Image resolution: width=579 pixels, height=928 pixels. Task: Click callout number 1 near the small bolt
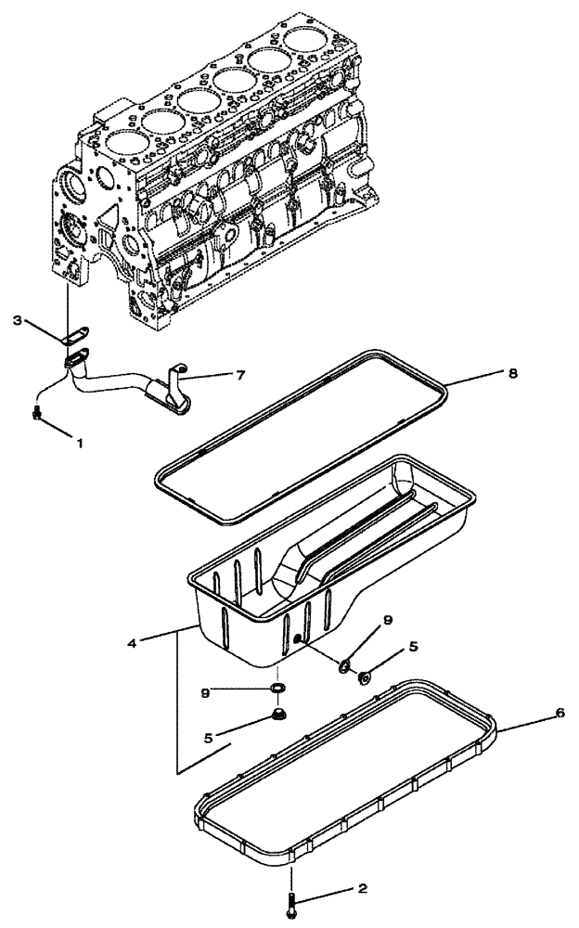pyautogui.click(x=79, y=444)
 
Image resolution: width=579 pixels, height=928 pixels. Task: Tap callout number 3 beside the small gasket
pyautogui.click(x=18, y=320)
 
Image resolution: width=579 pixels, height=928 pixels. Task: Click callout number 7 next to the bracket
pyautogui.click(x=239, y=375)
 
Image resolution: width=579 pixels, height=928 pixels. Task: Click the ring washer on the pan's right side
pyautogui.click(x=343, y=664)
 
